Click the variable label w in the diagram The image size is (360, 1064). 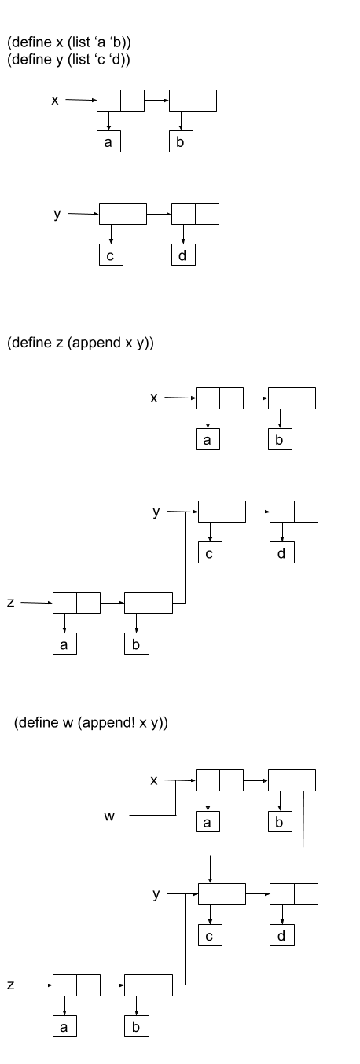(109, 816)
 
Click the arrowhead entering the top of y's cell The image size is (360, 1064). (211, 881)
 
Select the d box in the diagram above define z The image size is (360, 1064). (183, 255)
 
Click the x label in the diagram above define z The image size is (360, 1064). (55, 101)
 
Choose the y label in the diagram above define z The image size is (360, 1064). (57, 215)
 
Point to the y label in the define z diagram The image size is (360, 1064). (156, 512)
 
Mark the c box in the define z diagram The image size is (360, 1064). (210, 552)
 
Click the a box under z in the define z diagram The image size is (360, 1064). (64, 644)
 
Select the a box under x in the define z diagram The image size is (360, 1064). (208, 439)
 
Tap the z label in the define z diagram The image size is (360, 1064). (11, 603)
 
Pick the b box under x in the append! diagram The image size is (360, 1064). (280, 821)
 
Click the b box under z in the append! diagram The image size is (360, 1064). (137, 1026)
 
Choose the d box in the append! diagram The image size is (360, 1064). (282, 935)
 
